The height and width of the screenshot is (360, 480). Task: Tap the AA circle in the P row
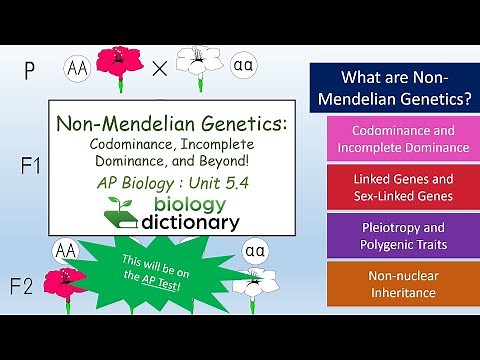tap(78, 68)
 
